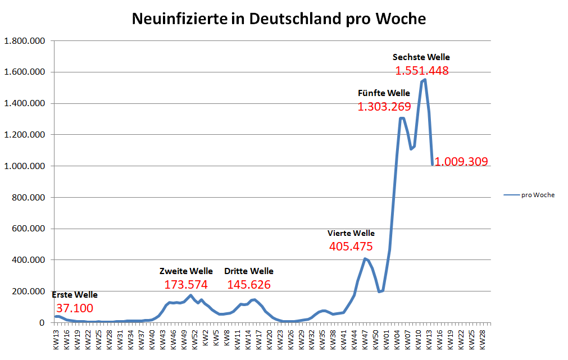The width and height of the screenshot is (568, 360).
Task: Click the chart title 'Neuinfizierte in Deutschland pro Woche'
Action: coord(279,19)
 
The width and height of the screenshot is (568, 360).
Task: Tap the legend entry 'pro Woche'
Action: coord(538,195)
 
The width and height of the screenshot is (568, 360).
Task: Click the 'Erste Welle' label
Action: coord(75,295)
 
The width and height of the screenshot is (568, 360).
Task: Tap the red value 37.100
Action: coord(75,308)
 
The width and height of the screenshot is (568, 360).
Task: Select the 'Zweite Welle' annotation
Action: coord(186,271)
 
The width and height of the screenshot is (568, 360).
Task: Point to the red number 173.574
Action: coord(186,285)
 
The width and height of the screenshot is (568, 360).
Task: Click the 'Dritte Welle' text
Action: coord(249,271)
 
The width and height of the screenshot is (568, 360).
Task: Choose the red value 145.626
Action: coord(249,285)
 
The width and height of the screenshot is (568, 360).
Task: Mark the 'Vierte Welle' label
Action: coord(351,233)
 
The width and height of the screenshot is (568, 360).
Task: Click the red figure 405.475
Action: coord(351,247)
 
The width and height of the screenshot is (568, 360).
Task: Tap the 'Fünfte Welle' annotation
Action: coord(384,93)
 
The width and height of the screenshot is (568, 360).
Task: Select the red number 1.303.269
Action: coord(384,107)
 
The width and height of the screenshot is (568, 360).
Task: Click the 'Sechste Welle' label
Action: coord(421,57)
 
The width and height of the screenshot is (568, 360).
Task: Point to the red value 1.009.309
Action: coord(462,162)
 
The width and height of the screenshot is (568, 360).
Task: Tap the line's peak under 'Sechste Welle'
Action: coord(425,80)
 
